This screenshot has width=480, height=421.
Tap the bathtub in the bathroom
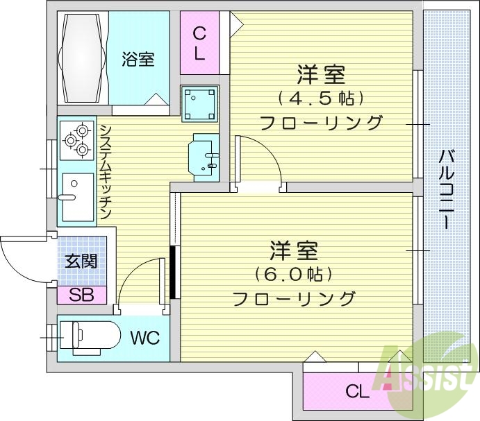pyautogui.click(x=83, y=58)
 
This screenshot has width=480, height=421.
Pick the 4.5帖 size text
pyautogui.click(x=320, y=97)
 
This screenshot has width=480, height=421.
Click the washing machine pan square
pyautogui.click(x=199, y=104)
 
